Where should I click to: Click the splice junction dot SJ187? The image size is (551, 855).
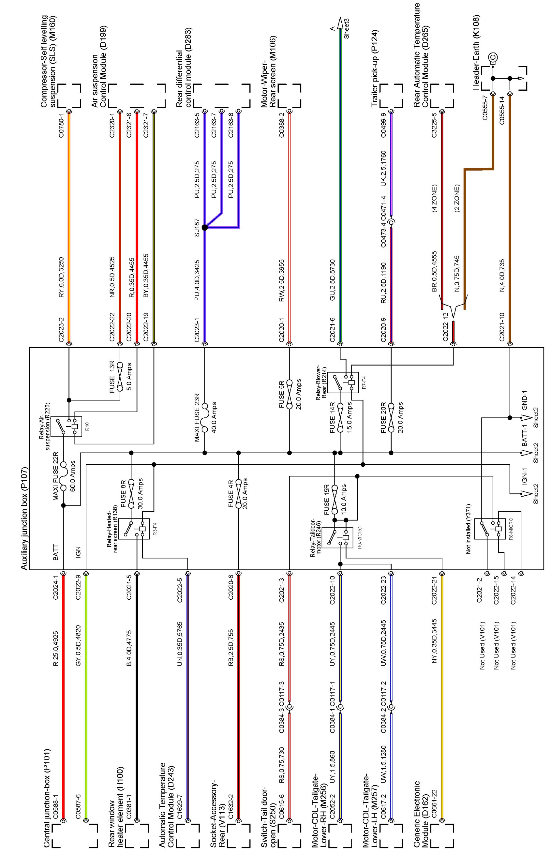tap(205, 227)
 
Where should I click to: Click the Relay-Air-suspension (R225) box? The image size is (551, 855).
tap(66, 426)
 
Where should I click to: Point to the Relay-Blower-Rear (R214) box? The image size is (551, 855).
tap(343, 382)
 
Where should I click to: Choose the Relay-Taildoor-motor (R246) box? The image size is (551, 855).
tap(337, 537)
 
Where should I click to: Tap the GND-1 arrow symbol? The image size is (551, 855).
tap(526, 418)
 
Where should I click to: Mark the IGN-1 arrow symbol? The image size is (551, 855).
tap(526, 494)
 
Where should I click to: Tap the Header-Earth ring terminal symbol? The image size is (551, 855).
tap(493, 57)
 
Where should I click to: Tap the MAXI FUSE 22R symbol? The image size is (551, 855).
tap(64, 477)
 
